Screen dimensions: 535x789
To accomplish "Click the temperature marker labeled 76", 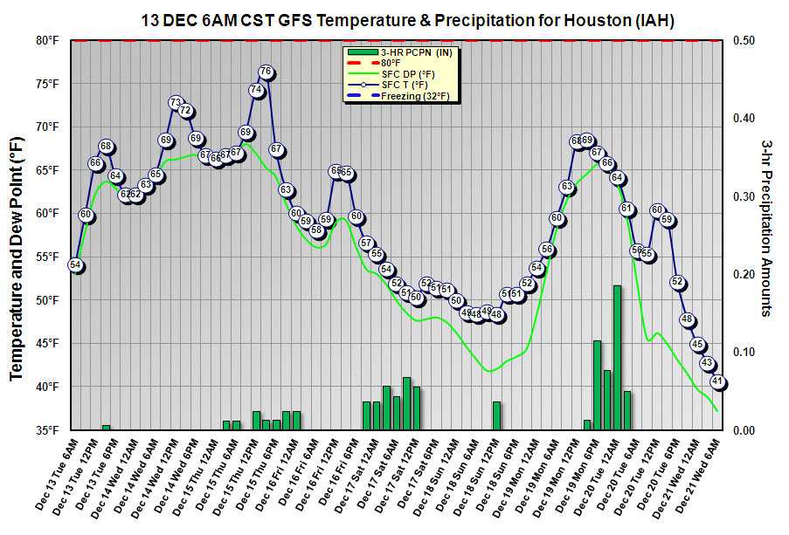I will (x=266, y=72).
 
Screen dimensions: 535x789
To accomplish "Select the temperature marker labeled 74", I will (x=256, y=90).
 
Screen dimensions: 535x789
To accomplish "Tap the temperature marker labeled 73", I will (x=176, y=103).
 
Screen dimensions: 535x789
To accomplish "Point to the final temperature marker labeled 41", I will (x=718, y=381).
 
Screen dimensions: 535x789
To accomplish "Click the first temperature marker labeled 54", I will (x=75, y=265).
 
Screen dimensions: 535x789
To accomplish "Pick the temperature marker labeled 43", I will (x=708, y=364).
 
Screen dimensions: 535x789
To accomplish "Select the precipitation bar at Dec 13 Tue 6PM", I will (x=106, y=427).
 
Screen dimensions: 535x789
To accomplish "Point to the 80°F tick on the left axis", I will (x=46, y=40).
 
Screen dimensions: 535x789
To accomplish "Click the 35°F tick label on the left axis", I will (x=46, y=429).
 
